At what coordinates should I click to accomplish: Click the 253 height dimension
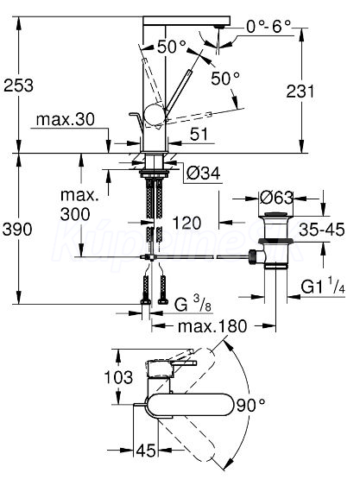click(x=18, y=85)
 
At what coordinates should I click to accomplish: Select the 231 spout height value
click(x=300, y=91)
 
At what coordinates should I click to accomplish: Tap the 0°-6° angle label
click(x=268, y=26)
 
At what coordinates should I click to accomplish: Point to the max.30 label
click(x=66, y=120)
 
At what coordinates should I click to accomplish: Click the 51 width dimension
click(x=199, y=135)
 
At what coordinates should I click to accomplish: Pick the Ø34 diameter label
click(x=204, y=173)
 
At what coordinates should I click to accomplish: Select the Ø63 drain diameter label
click(x=276, y=198)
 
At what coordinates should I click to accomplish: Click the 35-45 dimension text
click(x=322, y=230)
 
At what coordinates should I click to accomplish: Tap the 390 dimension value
click(x=17, y=230)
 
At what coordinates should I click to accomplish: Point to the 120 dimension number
click(x=186, y=223)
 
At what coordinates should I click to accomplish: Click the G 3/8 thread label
click(x=193, y=304)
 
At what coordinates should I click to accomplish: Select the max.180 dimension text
click(x=212, y=326)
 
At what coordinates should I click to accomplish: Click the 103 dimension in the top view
click(x=118, y=377)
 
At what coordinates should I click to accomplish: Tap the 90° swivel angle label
click(x=250, y=405)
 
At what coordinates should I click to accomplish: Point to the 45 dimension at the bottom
click(x=146, y=451)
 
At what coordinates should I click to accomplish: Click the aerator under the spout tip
click(x=218, y=28)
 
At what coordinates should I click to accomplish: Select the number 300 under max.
click(x=75, y=214)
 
